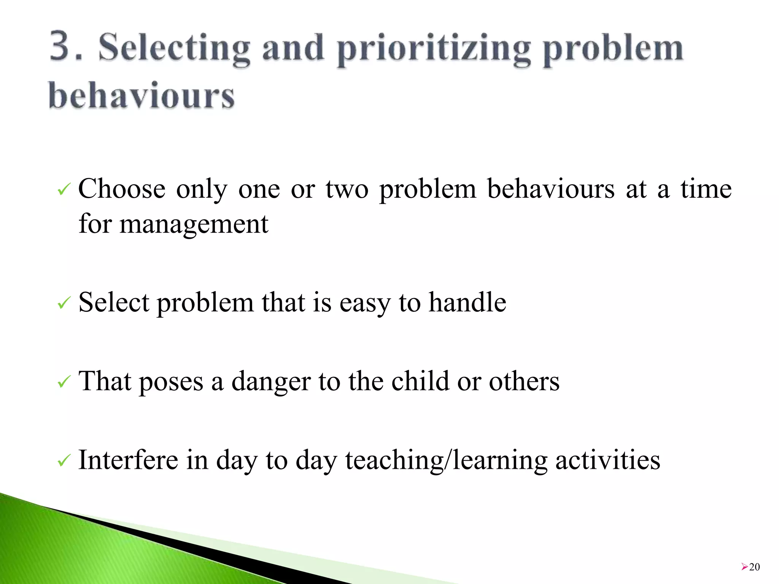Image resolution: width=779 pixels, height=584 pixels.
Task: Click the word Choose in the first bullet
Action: click(x=122, y=189)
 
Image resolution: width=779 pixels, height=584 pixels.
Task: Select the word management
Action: click(x=194, y=224)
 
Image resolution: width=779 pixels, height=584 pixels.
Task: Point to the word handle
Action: click(x=467, y=302)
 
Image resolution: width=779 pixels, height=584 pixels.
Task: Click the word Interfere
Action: click(x=128, y=460)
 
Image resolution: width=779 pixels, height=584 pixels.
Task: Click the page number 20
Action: click(x=754, y=567)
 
